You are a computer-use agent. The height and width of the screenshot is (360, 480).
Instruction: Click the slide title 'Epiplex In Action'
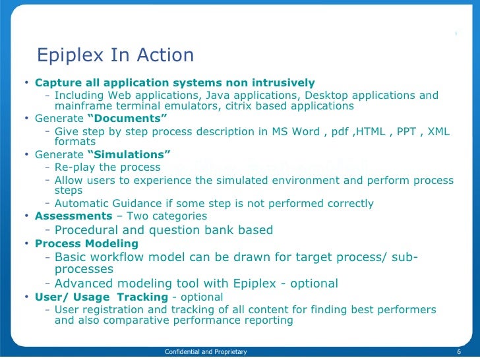115,55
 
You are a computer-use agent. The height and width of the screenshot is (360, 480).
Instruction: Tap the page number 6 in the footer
458,352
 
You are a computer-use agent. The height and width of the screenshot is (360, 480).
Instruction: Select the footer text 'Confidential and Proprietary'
206,352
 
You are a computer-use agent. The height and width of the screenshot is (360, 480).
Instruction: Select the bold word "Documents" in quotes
127,118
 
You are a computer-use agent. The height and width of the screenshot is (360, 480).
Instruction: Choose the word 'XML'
438,131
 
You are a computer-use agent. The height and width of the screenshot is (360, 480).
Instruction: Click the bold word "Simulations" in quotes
129,154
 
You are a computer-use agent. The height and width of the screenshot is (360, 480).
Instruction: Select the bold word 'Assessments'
73,216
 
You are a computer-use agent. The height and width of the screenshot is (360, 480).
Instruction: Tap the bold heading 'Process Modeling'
86,244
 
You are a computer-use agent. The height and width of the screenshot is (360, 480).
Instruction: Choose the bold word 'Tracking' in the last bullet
143,297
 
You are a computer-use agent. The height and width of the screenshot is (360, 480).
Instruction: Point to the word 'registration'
118,310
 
